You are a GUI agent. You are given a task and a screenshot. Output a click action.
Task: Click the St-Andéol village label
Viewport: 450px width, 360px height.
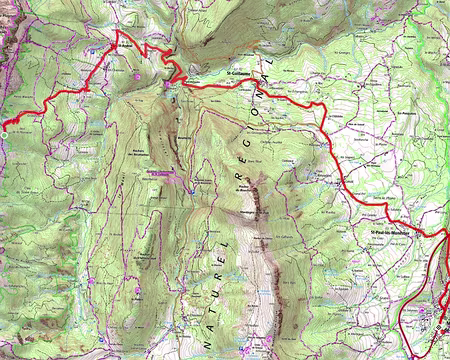point(125,43)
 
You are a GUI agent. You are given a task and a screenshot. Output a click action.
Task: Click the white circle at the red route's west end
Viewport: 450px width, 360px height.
point(4,125)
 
